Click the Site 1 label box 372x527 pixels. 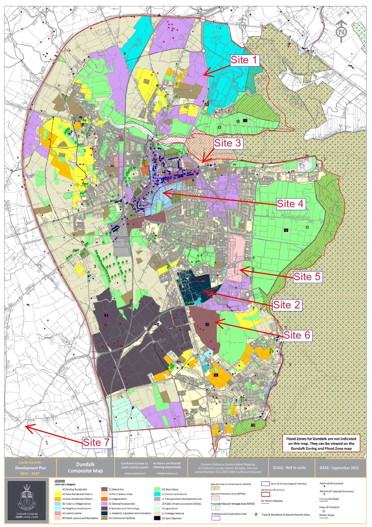(x=244, y=60)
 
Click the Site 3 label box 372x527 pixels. (x=228, y=143)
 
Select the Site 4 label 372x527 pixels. (x=290, y=204)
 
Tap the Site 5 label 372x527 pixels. (x=307, y=277)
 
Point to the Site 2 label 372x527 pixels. (x=286, y=305)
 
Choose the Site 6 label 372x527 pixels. (x=297, y=335)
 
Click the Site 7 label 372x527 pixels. (x=96, y=442)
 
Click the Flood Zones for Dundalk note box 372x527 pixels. (x=321, y=444)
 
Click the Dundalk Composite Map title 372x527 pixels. (x=85, y=468)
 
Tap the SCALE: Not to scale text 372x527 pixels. (x=289, y=468)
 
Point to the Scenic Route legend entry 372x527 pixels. (x=326, y=515)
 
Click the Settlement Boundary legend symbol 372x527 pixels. (x=266, y=494)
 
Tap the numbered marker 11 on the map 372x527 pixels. (x=207, y=324)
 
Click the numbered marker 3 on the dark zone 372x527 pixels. (x=106, y=315)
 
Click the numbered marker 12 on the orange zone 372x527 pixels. (x=216, y=375)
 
